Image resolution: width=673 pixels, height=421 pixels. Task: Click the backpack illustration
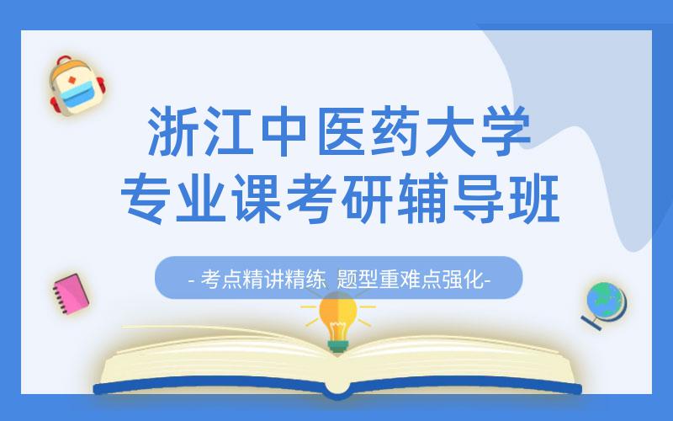click(75, 86)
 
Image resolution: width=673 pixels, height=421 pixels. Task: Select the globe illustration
click(605, 304)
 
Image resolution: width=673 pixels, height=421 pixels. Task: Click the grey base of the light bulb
click(337, 344)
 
